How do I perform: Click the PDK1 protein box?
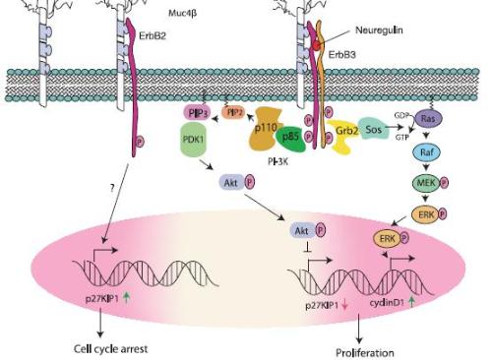(x=193, y=140)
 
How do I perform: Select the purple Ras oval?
(x=429, y=118)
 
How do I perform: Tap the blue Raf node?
(x=426, y=152)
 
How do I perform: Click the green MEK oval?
(x=426, y=183)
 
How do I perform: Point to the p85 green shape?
(x=290, y=138)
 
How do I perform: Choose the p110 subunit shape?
(x=267, y=128)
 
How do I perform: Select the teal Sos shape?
(x=373, y=129)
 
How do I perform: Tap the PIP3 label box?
(x=197, y=113)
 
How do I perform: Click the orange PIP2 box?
(x=233, y=112)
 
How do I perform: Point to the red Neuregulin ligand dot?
(x=315, y=45)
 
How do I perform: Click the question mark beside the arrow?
(x=112, y=188)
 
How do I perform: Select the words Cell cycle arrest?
(x=110, y=349)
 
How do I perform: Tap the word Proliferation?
(x=365, y=353)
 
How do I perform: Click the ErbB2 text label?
(x=153, y=35)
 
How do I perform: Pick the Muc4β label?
(x=183, y=13)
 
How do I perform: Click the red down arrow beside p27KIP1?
(x=344, y=305)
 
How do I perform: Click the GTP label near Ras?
(x=401, y=138)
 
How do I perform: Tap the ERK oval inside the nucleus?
(x=387, y=238)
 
